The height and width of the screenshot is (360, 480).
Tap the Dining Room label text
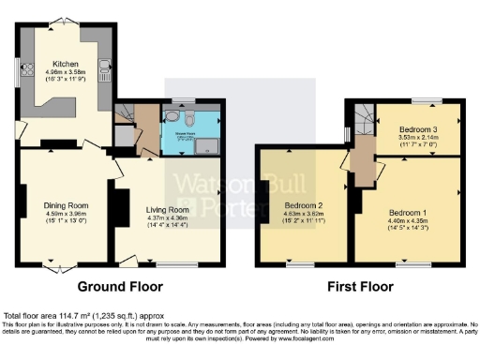(66, 204)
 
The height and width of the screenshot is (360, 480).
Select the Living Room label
(170, 210)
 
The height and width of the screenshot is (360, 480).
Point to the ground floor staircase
(125, 115)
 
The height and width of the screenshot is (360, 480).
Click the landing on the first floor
(362, 159)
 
